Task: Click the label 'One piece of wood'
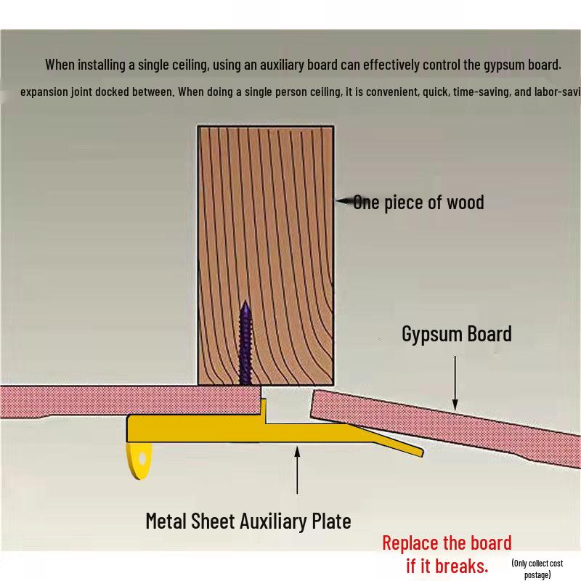tap(418, 202)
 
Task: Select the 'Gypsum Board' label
tap(457, 334)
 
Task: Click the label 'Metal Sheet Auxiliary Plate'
tap(248, 521)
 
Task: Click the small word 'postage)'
tap(538, 574)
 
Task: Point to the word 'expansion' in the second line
tap(45, 93)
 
